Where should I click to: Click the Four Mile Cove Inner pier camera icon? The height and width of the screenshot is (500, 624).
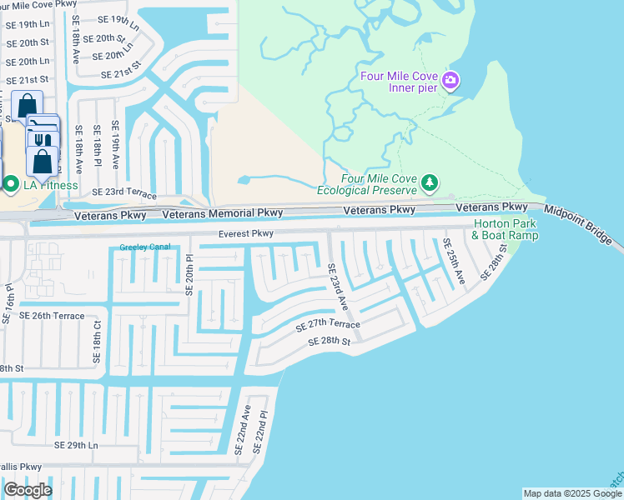(450, 81)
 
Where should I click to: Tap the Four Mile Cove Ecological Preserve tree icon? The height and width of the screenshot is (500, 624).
(429, 182)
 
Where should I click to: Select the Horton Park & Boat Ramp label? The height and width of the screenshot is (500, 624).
(506, 229)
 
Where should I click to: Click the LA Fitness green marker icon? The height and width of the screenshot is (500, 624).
(11, 184)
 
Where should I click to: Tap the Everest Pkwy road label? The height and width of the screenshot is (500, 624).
(246, 234)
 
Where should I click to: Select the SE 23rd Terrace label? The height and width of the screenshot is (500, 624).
(123, 192)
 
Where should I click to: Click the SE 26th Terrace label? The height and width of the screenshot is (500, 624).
(52, 316)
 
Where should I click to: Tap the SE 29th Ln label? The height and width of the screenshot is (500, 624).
(76, 446)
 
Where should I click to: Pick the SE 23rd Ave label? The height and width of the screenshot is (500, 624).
(337, 287)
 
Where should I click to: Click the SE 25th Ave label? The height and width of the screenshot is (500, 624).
(454, 261)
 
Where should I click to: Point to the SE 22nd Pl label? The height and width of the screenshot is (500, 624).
(264, 432)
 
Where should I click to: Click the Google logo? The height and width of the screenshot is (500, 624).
(28, 489)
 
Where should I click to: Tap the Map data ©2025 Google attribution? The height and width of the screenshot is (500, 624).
(571, 493)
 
